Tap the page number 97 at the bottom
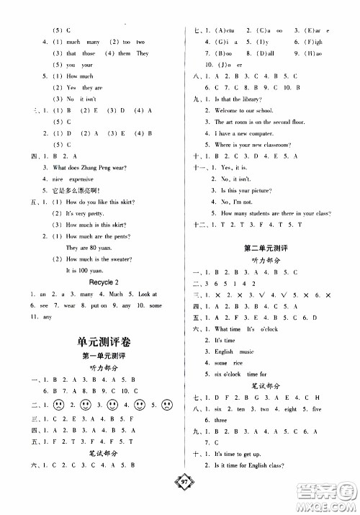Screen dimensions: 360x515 (186, 502)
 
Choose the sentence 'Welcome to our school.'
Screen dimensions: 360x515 (250, 111)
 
